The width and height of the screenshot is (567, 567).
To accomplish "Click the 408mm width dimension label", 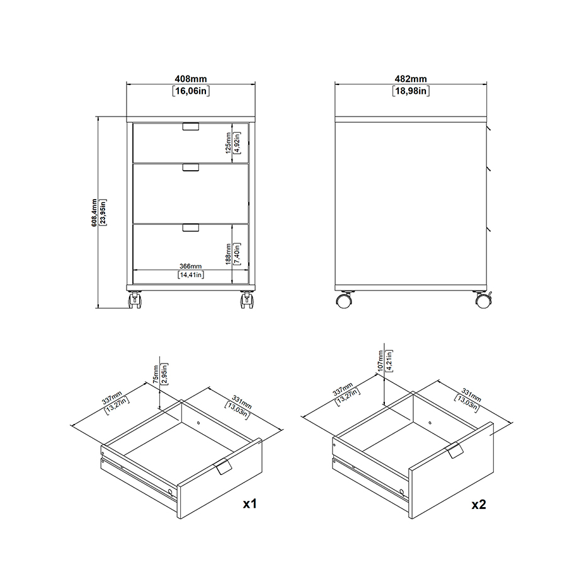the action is (190, 79).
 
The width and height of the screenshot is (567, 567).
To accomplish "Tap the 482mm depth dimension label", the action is (411, 79).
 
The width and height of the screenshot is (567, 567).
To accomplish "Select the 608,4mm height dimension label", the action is (94, 213).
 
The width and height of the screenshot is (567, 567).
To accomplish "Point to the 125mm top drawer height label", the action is (228, 143).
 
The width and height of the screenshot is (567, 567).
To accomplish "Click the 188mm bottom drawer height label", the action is (228, 254).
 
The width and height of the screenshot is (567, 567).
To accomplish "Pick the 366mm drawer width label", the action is (190, 266).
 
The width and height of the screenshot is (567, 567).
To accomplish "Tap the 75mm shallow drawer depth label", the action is (156, 374).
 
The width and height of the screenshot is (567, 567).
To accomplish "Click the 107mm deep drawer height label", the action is (380, 361).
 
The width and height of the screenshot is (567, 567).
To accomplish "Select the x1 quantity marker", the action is (250, 503).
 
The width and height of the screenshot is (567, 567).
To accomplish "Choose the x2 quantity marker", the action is (479, 504).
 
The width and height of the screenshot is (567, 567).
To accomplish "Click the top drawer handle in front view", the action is (190, 127).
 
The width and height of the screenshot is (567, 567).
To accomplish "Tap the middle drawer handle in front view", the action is (190, 168).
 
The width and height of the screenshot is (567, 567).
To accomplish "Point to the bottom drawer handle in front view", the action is (190, 227).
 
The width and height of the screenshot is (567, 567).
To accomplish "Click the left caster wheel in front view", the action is (135, 300).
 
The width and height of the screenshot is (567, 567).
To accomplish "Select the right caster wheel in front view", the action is (247, 300).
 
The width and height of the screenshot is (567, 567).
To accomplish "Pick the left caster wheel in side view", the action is (343, 301).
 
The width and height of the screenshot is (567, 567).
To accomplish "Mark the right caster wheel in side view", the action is (483, 300).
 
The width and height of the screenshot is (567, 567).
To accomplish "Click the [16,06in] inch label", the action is (191, 91).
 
